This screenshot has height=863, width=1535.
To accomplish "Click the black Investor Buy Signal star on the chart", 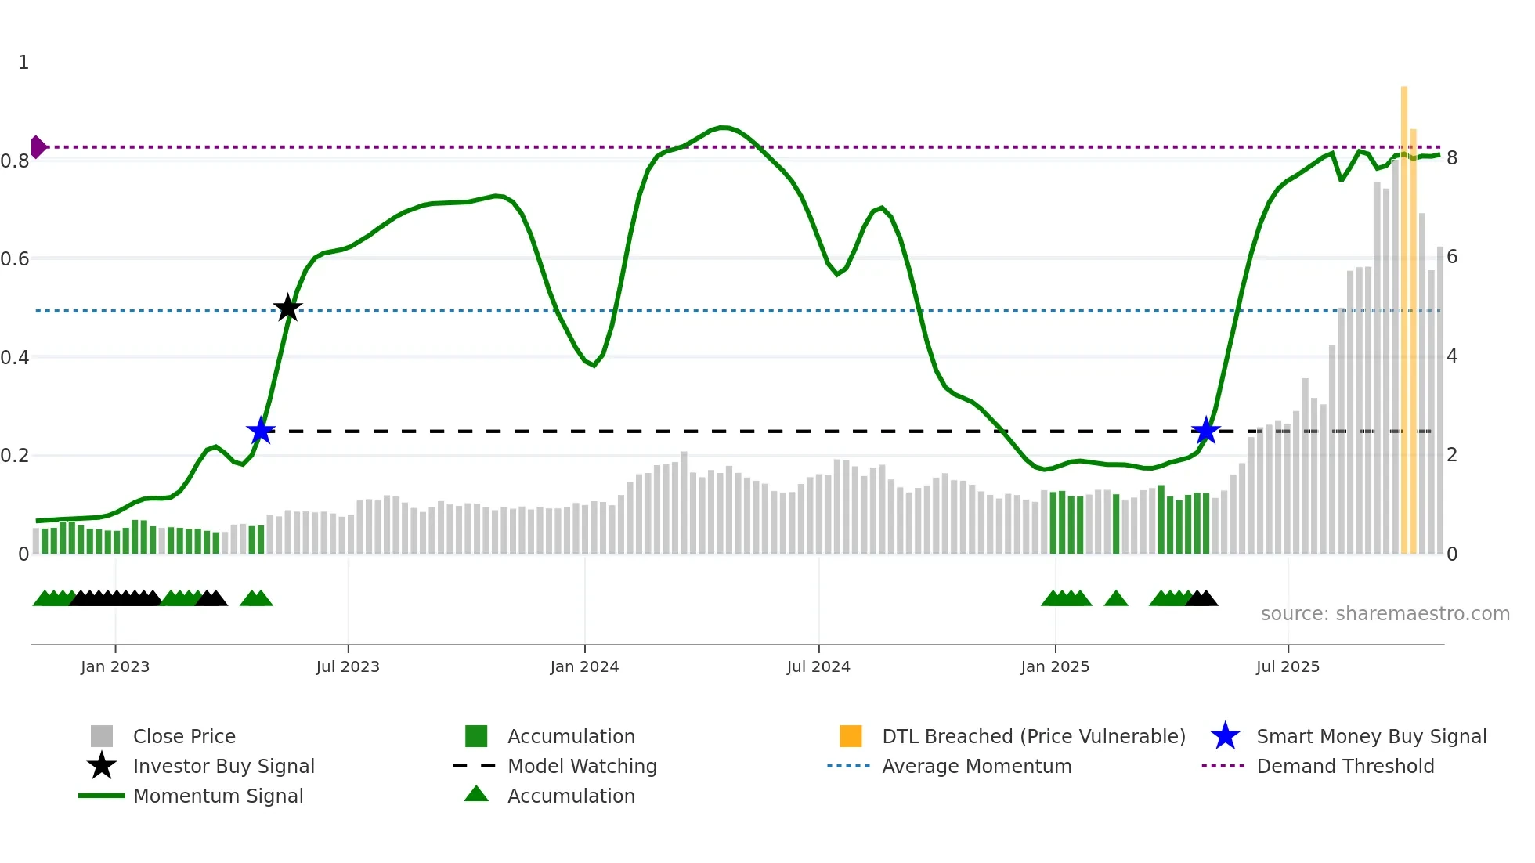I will tap(287, 309).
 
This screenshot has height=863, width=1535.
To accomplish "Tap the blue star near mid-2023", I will tap(261, 431).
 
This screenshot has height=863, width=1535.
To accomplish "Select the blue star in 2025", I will tap(1206, 431).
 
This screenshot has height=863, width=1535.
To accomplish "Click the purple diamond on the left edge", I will tap(38, 146).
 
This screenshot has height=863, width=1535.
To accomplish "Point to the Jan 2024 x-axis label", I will tap(584, 666).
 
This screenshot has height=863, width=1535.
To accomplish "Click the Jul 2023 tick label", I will tap(348, 666).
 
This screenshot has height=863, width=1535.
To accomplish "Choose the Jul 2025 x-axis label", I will tap(1288, 666).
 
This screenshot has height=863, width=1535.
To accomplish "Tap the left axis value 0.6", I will tap(16, 258).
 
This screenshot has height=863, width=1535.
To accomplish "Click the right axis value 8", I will tap(1452, 158).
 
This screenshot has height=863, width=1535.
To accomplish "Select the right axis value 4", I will tap(1452, 356).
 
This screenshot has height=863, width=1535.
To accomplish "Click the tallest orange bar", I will tap(1404, 313).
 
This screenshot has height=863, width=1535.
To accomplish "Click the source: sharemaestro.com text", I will tap(1385, 614).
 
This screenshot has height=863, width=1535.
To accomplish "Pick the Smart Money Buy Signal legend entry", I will tap(1371, 736).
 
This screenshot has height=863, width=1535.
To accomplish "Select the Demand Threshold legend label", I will tap(1345, 766).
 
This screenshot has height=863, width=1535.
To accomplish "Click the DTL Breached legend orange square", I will tap(851, 736).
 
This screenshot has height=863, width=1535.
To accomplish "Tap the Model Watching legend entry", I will tap(581, 766).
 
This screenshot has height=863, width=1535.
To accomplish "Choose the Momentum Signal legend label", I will tap(218, 796).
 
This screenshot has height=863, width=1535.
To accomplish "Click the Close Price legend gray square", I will tap(102, 736).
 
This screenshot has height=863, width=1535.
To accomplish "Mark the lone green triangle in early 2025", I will tap(1116, 599).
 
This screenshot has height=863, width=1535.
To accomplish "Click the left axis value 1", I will tap(23, 63).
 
